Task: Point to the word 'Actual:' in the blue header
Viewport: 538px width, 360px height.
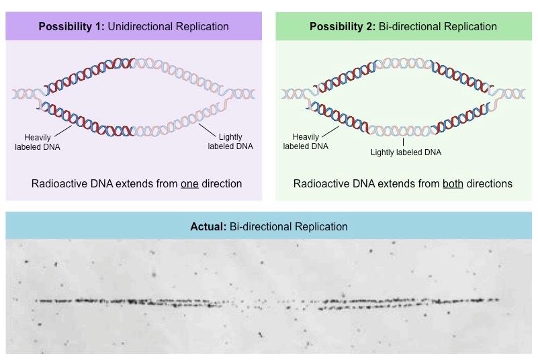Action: point(208,226)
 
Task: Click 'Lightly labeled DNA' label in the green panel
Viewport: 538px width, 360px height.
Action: point(406,152)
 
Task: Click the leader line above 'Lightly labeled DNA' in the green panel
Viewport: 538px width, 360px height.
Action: point(403,142)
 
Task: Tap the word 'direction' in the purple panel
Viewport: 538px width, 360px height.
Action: point(220,183)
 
